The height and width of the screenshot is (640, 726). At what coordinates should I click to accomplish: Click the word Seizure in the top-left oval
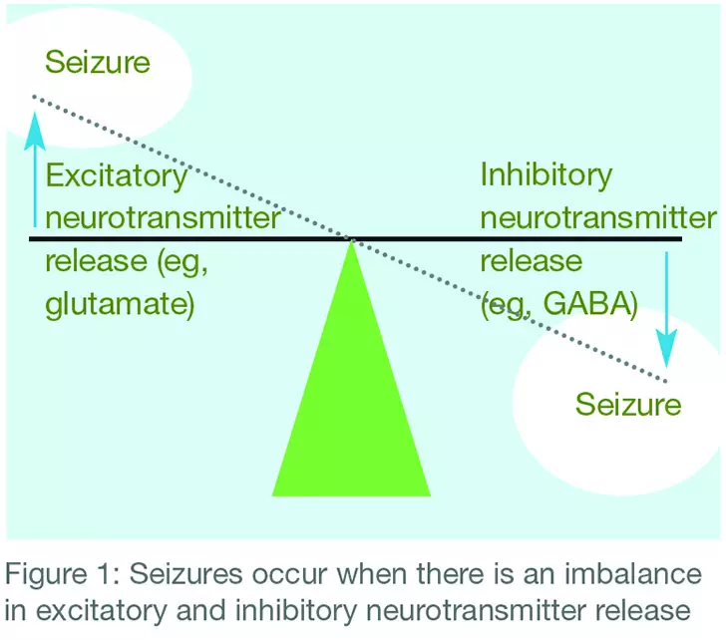98,64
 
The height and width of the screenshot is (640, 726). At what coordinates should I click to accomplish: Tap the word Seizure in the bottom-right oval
628,405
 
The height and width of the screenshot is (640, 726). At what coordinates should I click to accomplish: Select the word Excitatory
117,177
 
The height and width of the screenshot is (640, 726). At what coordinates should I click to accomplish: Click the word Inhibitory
545,175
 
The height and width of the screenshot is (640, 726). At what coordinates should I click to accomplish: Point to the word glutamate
118,305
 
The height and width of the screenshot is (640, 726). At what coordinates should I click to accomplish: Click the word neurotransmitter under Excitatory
163,219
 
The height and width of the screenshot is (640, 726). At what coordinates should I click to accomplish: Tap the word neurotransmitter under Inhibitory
597,219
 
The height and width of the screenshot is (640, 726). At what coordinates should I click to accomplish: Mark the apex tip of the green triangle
351,242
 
